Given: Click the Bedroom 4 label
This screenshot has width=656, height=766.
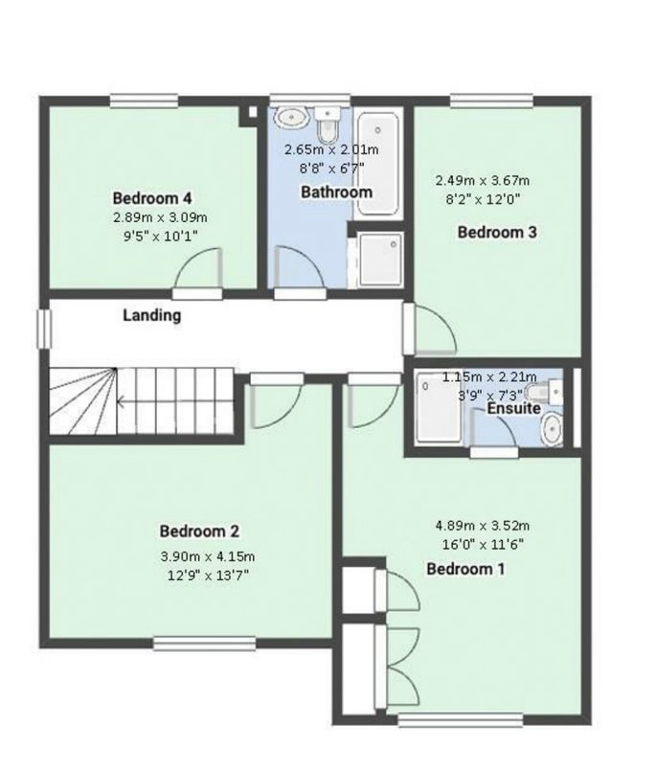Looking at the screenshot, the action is (x=152, y=198).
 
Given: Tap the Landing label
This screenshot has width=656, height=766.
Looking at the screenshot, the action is (x=151, y=315).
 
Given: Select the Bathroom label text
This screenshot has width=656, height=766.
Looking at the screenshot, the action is (x=336, y=191).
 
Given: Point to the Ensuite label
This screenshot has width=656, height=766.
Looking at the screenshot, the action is (x=514, y=408).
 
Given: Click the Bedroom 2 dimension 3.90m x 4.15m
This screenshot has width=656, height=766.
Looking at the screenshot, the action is (x=208, y=556).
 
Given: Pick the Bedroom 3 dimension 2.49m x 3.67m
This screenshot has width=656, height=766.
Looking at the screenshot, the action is (x=482, y=181).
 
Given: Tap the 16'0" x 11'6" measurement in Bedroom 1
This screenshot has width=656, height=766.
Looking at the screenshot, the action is (x=483, y=544).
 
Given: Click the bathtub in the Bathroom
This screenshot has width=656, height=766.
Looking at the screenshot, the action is (x=378, y=164).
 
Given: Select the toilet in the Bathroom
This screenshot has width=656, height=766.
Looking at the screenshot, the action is (x=328, y=124).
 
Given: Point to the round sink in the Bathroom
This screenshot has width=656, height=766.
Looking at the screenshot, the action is (x=291, y=118).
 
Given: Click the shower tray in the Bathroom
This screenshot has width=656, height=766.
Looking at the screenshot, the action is (x=380, y=259).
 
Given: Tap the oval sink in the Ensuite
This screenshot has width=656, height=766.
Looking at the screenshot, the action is (x=553, y=429).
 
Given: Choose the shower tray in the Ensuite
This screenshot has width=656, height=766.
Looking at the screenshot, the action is (x=438, y=410).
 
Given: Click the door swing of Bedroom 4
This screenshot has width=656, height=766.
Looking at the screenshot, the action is (x=198, y=268).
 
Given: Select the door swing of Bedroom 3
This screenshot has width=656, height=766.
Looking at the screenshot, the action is (x=435, y=329).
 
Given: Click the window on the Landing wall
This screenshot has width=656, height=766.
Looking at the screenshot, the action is (x=44, y=329).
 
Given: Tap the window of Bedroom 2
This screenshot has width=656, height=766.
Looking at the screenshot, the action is (x=205, y=643).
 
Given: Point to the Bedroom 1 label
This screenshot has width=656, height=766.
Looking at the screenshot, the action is (x=465, y=569).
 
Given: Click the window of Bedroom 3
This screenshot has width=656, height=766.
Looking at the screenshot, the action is (x=491, y=101).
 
